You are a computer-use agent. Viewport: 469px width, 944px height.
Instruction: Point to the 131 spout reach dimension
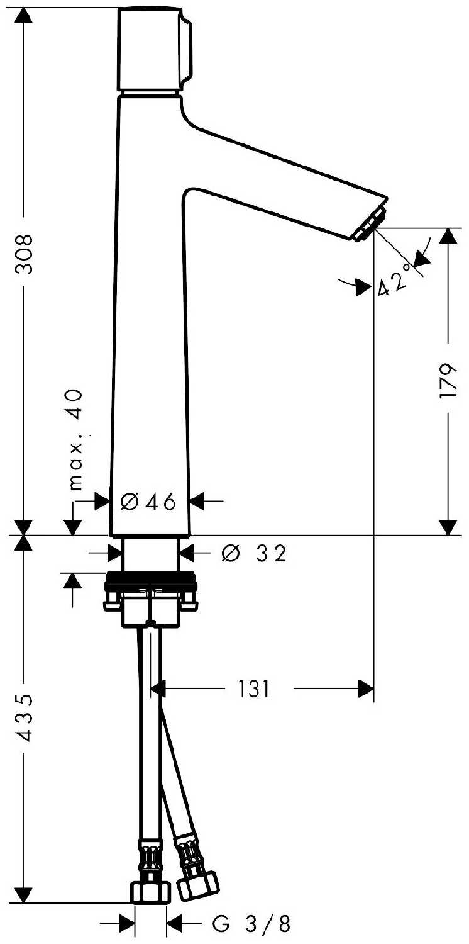(253, 689)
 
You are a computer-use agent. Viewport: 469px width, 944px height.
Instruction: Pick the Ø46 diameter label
(148, 502)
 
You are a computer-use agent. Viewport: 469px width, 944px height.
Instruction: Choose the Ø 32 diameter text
(254, 553)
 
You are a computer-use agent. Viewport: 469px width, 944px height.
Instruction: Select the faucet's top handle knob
(155, 48)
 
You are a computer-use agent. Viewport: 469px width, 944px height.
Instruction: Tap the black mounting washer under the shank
(150, 580)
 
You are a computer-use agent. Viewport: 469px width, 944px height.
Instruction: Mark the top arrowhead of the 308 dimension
(23, 16)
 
